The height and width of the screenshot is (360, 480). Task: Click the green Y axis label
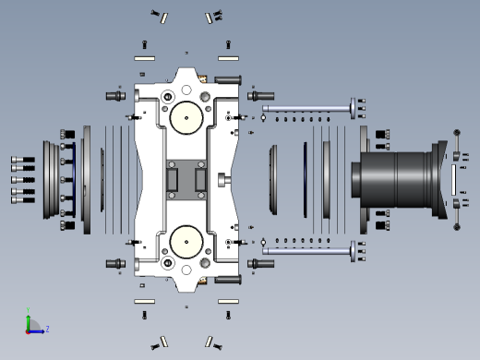28,310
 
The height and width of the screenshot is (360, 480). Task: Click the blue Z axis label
47,330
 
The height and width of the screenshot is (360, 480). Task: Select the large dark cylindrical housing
399,180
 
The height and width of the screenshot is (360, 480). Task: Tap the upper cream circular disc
186,118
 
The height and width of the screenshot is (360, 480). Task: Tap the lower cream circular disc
186,242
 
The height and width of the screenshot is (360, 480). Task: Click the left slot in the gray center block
172,180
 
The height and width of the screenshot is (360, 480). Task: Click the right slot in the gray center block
200,180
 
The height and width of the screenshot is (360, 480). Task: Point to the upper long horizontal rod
306,108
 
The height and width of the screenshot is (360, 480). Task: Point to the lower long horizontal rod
306,251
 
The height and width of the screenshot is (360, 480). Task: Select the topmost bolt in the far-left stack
23,160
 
